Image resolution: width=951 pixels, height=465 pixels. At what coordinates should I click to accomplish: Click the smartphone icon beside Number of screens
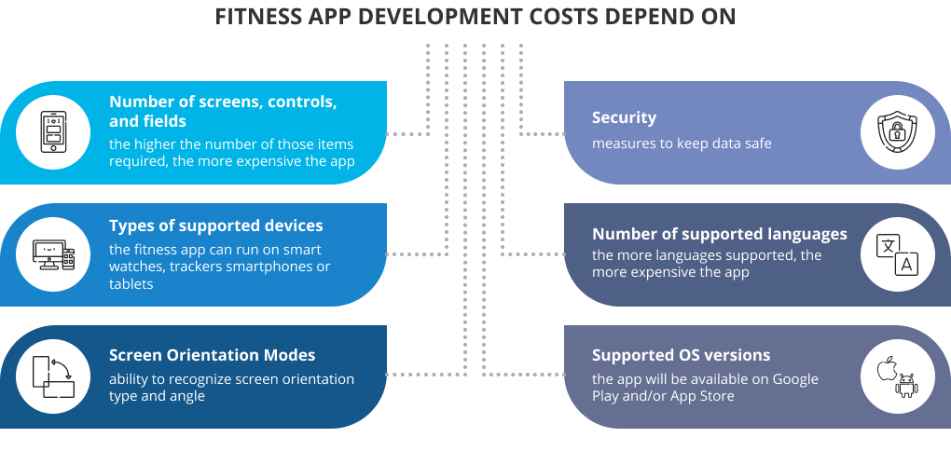pos(53,132)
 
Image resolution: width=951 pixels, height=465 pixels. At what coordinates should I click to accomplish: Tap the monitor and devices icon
pos(53,254)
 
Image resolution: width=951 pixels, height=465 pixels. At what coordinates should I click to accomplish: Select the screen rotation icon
pos(53,376)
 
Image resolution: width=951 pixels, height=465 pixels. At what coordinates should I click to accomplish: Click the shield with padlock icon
pos(897,132)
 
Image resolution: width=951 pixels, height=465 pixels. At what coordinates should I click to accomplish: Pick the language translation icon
pos(897,254)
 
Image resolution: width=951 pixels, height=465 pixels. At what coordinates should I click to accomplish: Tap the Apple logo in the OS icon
pos(888,369)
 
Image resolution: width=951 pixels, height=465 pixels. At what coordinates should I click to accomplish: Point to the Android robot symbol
pos(906,386)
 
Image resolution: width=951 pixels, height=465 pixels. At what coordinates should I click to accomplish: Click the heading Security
pos(624,117)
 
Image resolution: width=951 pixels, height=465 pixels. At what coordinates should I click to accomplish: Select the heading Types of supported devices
pos(216,226)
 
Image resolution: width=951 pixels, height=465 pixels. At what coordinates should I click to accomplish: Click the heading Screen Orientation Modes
pos(213,355)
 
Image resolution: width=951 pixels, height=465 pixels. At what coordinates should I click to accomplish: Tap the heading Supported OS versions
pos(682,355)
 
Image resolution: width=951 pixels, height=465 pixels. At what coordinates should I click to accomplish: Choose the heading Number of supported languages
pos(720,235)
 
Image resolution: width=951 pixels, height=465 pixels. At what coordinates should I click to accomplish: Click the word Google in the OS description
pos(795,379)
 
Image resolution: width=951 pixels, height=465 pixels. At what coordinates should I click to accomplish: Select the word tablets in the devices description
pos(131,283)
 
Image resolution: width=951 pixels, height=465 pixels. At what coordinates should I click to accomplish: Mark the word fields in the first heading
pos(165,121)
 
